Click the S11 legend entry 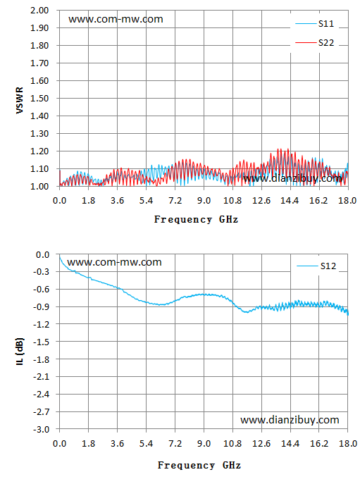(315, 24)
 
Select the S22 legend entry (315, 42)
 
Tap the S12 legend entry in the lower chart (316, 266)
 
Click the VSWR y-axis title (20, 100)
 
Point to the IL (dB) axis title (20, 352)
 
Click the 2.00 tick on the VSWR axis (39, 10)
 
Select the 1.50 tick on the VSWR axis (39, 99)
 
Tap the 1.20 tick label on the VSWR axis (39, 151)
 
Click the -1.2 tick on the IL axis (42, 324)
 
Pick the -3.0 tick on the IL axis (42, 429)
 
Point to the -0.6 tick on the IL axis (42, 290)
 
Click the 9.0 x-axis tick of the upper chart (204, 201)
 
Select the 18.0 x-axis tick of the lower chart (348, 444)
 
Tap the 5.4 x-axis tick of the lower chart (146, 444)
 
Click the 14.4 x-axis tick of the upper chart (290, 201)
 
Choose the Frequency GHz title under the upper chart (196, 220)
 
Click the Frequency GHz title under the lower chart (199, 465)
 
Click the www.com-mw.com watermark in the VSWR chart (116, 19)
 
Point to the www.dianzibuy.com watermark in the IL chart (290, 420)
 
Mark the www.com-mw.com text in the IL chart (114, 262)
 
